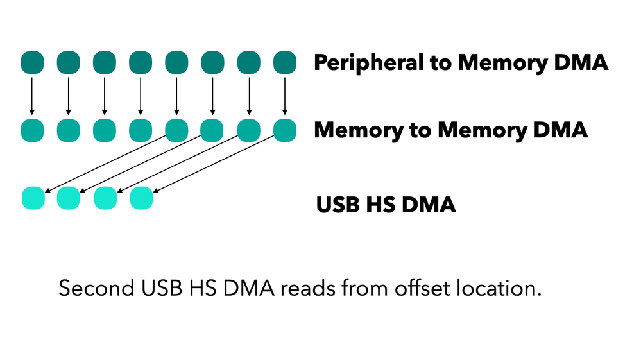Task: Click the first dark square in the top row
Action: pos(32,63)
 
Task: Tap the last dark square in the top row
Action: pos(284,63)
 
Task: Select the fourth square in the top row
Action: pos(140,63)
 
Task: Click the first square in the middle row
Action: pos(32,130)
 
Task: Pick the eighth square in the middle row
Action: pos(284,130)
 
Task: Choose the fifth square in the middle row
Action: pos(176,130)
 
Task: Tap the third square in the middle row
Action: pos(104,130)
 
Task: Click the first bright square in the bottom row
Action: pos(33,198)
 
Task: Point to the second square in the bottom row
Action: pos(69,198)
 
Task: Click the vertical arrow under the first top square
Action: pos(32,96)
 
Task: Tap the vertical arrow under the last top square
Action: pos(284,96)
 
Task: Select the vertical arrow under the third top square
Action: pos(104,96)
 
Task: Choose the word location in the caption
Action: pos(504,288)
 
